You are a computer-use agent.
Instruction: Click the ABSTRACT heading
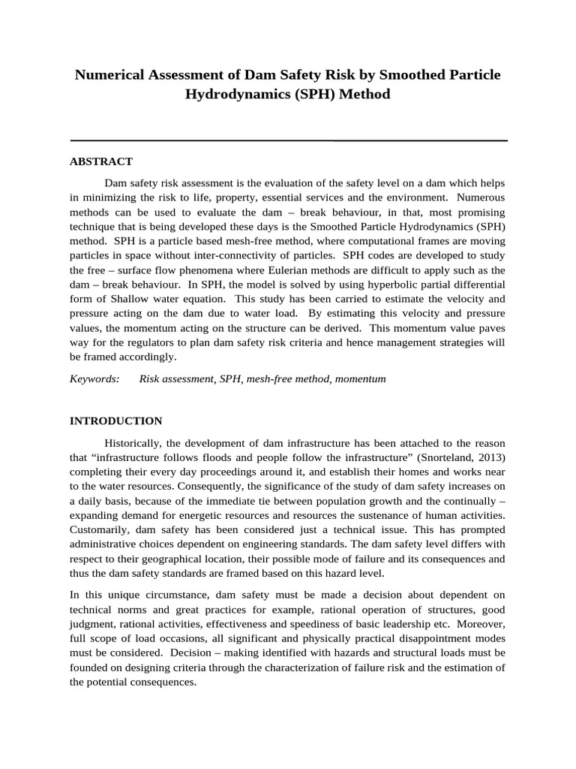[101, 161]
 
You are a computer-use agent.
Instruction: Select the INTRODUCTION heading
[115, 421]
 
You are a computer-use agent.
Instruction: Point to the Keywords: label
[95, 379]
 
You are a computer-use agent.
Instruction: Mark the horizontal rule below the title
[288, 140]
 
